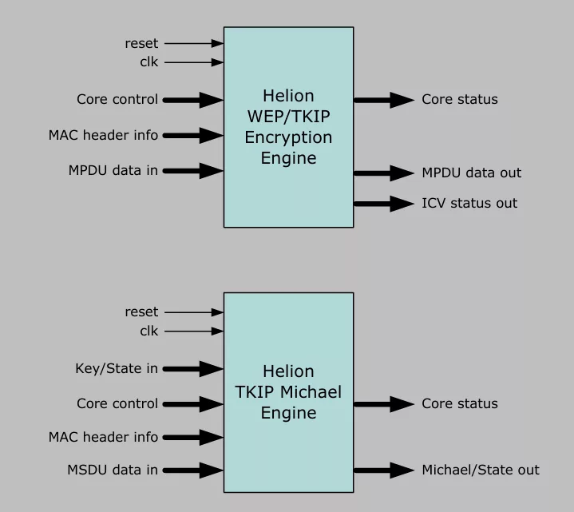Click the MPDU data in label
click(113, 170)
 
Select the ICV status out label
click(469, 203)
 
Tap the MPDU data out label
click(471, 173)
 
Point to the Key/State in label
click(116, 368)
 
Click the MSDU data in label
click(113, 470)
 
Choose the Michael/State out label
click(480, 470)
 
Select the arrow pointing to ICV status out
click(384, 204)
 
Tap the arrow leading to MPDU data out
click(384, 173)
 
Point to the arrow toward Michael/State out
click(384, 470)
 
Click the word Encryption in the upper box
click(288, 137)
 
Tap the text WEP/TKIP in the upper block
click(288, 117)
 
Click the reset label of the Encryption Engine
click(141, 43)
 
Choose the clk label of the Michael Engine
click(149, 331)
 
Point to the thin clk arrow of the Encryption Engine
click(194, 62)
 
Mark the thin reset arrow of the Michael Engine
click(194, 312)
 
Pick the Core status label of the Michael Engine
click(459, 403)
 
